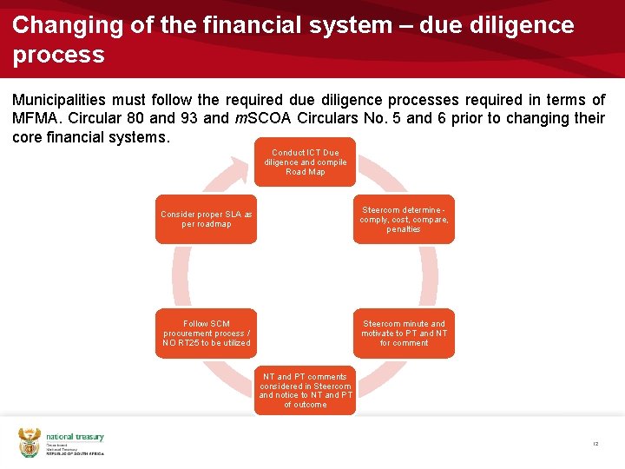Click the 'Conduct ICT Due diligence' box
point(305,162)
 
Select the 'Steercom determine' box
point(404,219)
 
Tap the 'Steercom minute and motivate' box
point(404,333)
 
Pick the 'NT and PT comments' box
point(305,390)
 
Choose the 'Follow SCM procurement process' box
point(207,333)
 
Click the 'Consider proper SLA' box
point(207,219)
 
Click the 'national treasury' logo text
point(75,437)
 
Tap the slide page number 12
point(595,444)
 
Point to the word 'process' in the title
point(58,55)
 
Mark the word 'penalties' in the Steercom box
point(404,229)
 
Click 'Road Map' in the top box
point(305,172)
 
